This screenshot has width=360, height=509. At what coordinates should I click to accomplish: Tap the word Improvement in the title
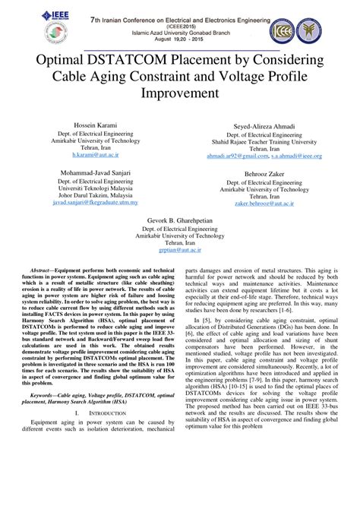(x=179, y=93)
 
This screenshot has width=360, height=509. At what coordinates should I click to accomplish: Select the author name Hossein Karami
(x=91, y=123)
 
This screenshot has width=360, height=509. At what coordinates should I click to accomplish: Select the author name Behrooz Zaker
(x=264, y=173)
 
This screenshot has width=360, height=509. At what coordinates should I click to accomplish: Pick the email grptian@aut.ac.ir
(x=180, y=249)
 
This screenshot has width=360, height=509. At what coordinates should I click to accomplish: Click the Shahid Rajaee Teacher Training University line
(x=264, y=141)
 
